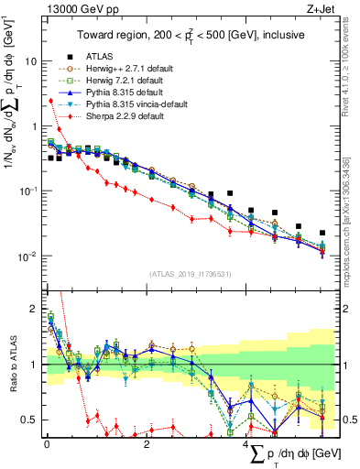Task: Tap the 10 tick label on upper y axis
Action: (x=28, y=61)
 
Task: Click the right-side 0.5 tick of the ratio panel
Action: (x=347, y=420)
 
